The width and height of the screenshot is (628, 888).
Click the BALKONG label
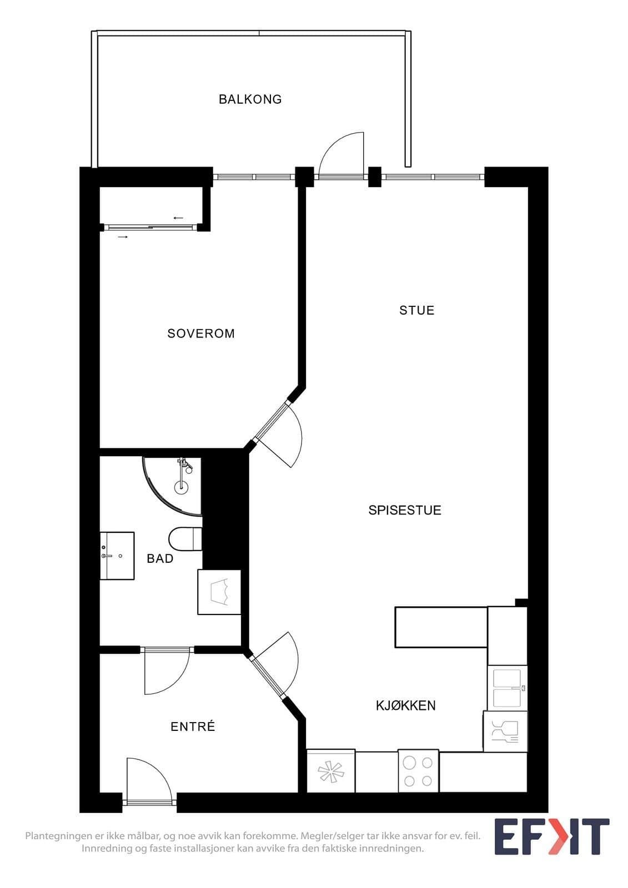(x=250, y=99)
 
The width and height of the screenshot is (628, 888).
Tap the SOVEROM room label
(x=201, y=334)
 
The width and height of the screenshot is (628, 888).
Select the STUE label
(x=417, y=310)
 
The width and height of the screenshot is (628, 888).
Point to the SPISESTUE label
(x=405, y=510)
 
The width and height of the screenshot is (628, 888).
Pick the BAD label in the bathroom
(x=160, y=558)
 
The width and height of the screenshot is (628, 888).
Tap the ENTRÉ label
(x=193, y=726)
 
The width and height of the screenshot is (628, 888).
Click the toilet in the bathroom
(x=185, y=539)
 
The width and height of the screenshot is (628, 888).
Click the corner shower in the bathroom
(x=172, y=486)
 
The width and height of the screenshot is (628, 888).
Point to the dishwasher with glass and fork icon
(x=505, y=731)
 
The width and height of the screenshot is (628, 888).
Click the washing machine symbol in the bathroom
(x=219, y=592)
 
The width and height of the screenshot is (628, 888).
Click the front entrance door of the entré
(x=149, y=781)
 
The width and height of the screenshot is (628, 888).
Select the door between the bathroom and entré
(x=167, y=672)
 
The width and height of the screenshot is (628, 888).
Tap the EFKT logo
(x=552, y=836)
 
